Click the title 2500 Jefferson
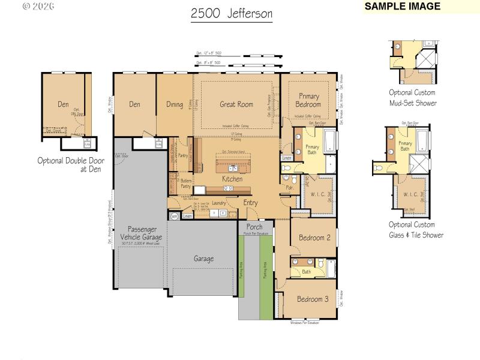[x=232, y=13]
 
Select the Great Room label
[x=236, y=104]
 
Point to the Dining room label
[x=175, y=104]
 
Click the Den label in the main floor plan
[x=134, y=104]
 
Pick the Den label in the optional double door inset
[x=63, y=104]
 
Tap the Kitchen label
[x=232, y=179]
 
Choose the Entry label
[x=250, y=203]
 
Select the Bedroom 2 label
[x=314, y=238]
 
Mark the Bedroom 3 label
[x=313, y=299]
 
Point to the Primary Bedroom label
[x=308, y=100]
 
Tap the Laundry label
[x=218, y=203]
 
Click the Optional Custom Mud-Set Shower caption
[x=412, y=98]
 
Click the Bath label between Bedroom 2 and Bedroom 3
[x=306, y=272]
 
